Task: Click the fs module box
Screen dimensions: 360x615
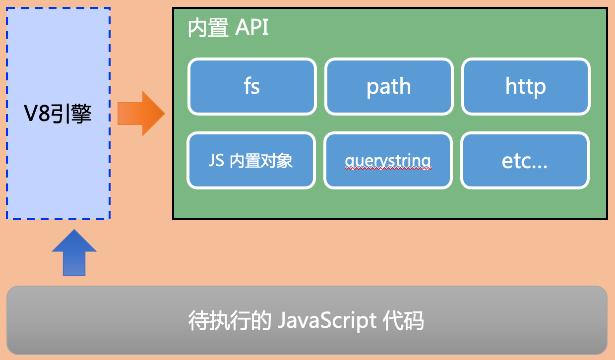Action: (252, 87)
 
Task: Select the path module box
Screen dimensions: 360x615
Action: (389, 87)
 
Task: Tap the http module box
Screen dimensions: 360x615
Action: (526, 87)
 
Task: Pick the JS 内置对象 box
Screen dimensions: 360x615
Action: (251, 160)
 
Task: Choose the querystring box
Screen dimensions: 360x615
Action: (388, 160)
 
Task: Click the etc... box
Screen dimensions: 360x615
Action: (525, 160)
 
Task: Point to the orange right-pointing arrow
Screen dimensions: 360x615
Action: (141, 114)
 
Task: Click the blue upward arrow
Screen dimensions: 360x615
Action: (74, 253)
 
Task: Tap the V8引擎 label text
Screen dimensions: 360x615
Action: (59, 115)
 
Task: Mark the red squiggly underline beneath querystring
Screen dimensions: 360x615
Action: (388, 169)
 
